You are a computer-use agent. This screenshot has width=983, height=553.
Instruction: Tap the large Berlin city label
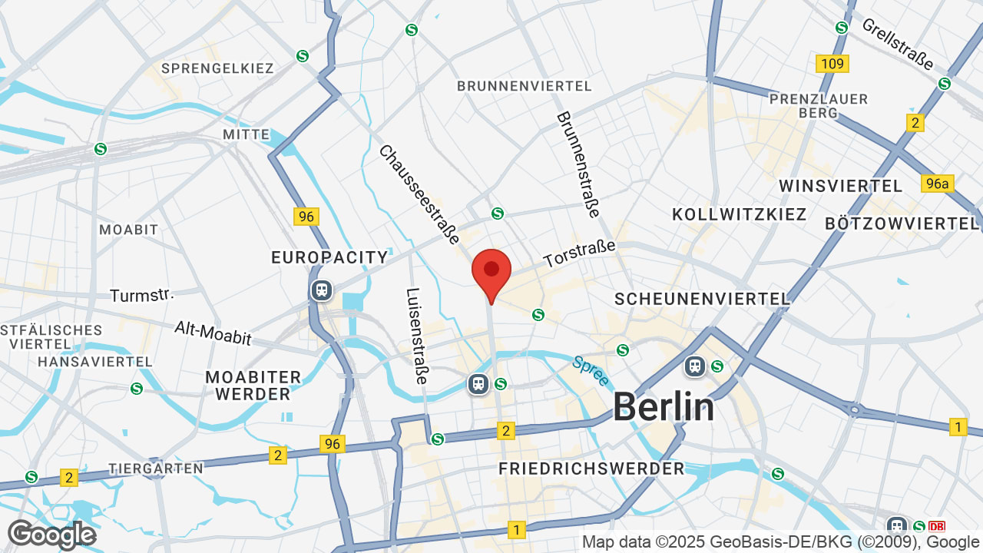[664, 406]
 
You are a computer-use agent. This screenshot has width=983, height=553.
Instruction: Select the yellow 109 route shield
[832, 64]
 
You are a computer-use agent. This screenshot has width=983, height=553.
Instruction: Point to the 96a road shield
[937, 183]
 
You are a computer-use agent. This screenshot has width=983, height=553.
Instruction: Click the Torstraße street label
[580, 254]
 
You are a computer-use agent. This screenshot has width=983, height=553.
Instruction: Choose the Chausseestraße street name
[419, 194]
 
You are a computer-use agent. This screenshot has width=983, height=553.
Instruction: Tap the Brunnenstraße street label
[578, 164]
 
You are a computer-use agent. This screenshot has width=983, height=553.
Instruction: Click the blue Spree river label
[591, 370]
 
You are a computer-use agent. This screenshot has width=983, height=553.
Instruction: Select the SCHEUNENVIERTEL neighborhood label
[702, 299]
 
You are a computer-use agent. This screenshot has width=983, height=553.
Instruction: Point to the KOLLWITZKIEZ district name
[739, 214]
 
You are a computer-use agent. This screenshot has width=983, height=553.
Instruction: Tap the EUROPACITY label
[329, 257]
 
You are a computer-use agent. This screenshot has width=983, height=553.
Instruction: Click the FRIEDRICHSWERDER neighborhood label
[591, 469]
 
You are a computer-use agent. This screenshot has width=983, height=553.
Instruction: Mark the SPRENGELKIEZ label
[217, 68]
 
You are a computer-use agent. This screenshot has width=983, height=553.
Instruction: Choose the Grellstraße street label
[897, 43]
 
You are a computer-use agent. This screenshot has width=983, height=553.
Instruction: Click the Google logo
[51, 535]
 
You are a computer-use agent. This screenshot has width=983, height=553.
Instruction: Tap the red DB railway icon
[937, 527]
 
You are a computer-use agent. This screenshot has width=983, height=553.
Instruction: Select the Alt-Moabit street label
[213, 335]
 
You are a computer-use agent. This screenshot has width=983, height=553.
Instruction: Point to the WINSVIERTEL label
[840, 186]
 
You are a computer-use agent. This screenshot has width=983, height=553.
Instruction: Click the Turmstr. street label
[142, 296]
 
